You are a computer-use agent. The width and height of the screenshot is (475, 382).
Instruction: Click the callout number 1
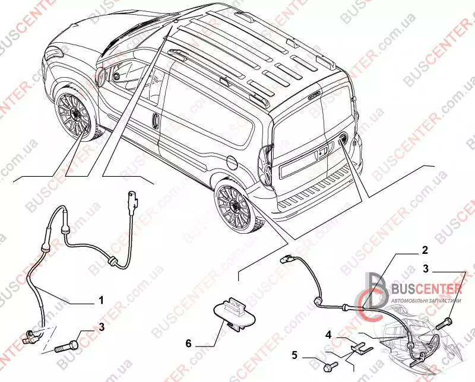coord(101,300)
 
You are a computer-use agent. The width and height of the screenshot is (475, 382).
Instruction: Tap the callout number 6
coord(188,343)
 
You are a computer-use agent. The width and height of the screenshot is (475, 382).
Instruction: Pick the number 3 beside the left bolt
coord(102,326)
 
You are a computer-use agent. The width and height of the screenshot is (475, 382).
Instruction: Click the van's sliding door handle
coord(154,120)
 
